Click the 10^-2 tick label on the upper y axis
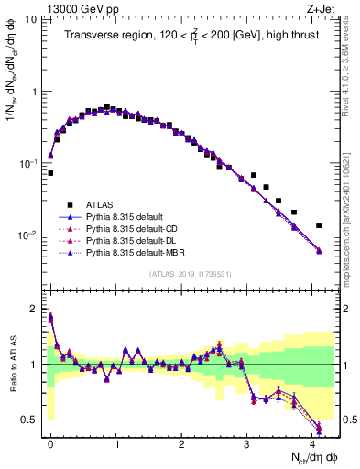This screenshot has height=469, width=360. pos(27,235)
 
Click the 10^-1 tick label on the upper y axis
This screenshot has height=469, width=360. pos(27,164)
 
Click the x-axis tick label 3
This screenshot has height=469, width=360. pos(246,442)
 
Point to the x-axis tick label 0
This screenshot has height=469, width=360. pos(50,442)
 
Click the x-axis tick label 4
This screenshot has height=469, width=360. pos(312,442)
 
